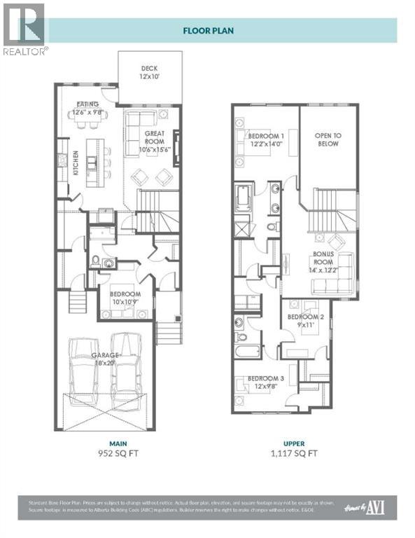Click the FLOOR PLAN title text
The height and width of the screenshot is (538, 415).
pos(207,30)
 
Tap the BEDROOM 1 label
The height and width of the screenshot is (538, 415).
pos(266,139)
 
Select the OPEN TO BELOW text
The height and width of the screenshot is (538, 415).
pos(326,139)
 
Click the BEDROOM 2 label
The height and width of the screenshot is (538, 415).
pos(305,321)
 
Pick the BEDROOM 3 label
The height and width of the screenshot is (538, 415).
pos(266,383)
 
